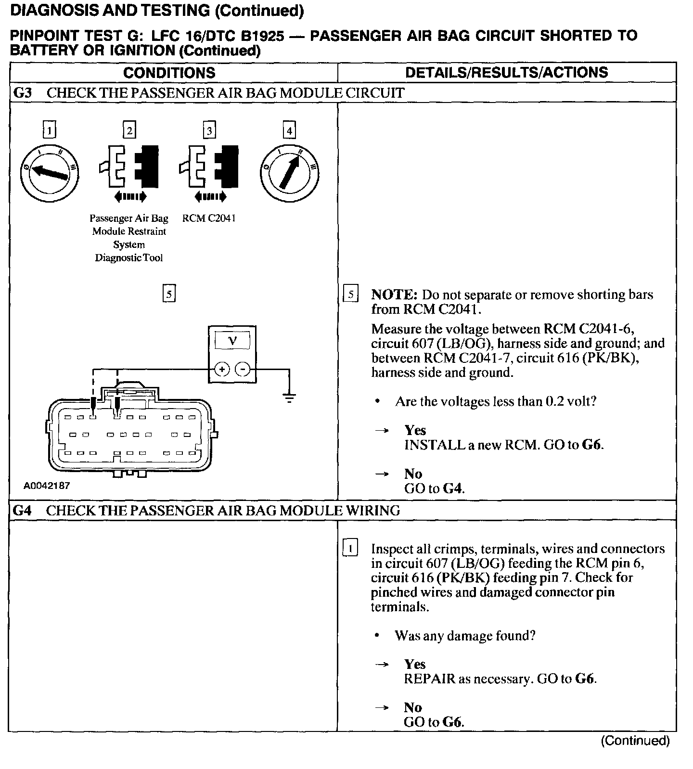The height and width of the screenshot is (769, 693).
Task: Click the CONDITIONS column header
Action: point(169,73)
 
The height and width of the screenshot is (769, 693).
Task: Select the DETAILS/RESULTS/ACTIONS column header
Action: point(507,72)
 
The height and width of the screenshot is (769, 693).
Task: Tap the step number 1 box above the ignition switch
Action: point(49,130)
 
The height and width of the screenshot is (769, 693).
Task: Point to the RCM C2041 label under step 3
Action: point(209,218)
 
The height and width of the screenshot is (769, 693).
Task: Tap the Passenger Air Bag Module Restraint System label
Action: point(129,238)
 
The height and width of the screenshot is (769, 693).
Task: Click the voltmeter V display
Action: point(232,341)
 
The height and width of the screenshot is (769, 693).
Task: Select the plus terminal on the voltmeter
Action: point(222,369)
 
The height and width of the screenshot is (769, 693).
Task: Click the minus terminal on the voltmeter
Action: point(244,369)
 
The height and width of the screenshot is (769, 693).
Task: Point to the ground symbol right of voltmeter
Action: point(289,397)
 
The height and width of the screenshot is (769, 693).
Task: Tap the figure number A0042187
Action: point(47,486)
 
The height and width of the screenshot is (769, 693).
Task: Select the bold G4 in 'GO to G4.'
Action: point(453,489)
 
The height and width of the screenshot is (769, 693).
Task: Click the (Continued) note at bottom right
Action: point(635,740)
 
